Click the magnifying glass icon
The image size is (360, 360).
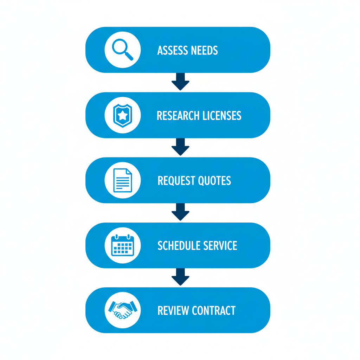coord(122,50)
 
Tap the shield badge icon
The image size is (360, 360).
coord(122,115)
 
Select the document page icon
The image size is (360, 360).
coord(122,180)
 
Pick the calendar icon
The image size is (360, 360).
coord(122,245)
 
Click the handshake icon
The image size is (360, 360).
coord(122,310)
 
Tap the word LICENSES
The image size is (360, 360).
coord(222,116)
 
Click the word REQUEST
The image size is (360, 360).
coord(176,181)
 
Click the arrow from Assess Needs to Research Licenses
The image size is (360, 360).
coord(180,82)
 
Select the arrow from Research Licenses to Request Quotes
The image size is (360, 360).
coord(180,147)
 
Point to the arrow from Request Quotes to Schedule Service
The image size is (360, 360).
coord(180,212)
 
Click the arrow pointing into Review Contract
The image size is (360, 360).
coord(180,277)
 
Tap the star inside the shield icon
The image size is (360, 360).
coord(122,115)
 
